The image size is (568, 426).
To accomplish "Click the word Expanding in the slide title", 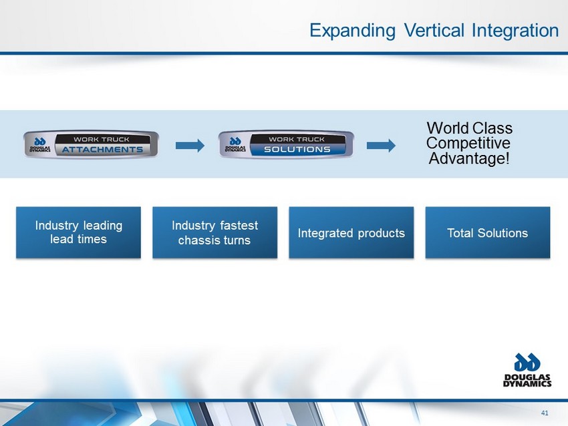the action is (x=352, y=31).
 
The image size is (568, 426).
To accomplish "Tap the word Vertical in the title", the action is (x=434, y=30).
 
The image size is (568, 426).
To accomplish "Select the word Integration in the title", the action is (x=515, y=31).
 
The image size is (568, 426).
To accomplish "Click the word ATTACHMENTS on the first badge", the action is (x=102, y=150).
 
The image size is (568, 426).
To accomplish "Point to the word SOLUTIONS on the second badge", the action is (x=297, y=150).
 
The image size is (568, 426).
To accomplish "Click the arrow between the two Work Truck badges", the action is (x=190, y=146).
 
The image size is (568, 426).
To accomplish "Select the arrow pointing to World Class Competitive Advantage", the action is (x=381, y=146).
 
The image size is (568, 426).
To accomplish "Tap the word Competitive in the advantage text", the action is (x=468, y=143).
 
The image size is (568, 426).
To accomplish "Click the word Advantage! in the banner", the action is (x=469, y=158).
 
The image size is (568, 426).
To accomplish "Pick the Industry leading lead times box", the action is (x=78, y=232).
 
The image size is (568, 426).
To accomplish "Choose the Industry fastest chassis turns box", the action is (x=215, y=232).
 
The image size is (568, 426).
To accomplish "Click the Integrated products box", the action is (x=351, y=232).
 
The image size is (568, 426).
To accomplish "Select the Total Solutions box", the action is (x=488, y=232).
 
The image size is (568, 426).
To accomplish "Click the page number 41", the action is (x=545, y=413).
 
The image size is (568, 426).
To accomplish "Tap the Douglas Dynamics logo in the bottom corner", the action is (x=527, y=370).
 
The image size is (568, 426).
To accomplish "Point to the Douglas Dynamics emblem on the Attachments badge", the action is (x=40, y=145).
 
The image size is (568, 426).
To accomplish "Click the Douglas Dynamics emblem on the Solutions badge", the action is (x=235, y=145).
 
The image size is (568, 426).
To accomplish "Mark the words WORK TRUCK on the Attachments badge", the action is (x=102, y=140).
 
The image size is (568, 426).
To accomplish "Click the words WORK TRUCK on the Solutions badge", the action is (x=297, y=140).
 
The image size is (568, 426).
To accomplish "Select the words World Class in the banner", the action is (x=470, y=128).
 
